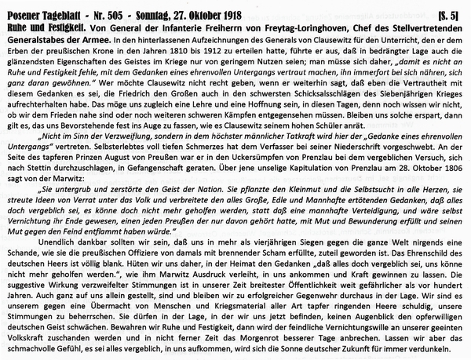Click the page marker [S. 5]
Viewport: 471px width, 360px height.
click(x=452, y=7)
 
